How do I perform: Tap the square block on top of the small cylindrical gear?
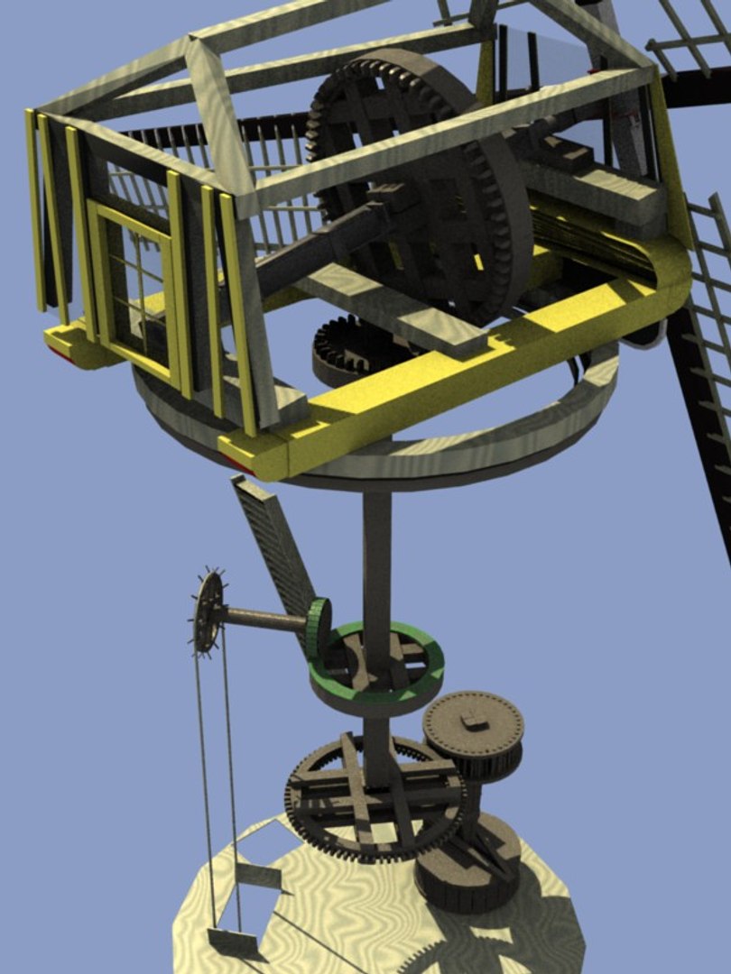(x=471, y=719)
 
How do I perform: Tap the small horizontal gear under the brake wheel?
(x=347, y=347)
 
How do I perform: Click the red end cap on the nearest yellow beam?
(x=236, y=462)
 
